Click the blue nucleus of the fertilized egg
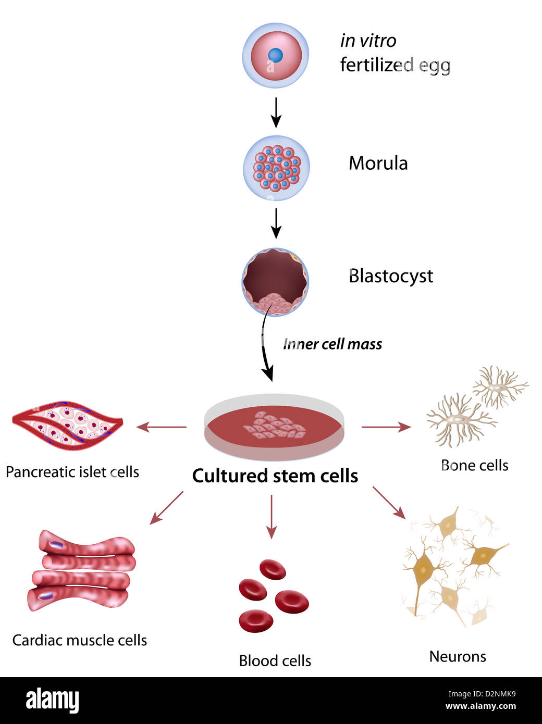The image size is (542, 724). point(275,55)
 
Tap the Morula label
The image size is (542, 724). point(378,163)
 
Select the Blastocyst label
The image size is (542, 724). point(390,276)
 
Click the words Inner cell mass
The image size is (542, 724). point(332,344)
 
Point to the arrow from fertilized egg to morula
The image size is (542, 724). point(276,112)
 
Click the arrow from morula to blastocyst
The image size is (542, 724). point(276,223)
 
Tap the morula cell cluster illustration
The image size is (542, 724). point(276,168)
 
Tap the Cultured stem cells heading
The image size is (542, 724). point(275,476)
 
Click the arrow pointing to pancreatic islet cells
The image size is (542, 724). point(161,427)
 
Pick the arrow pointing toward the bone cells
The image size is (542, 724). point(386,427)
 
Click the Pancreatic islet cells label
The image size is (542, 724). point(72,472)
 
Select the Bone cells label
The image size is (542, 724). point(474,465)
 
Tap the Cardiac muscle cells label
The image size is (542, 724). point(80,640)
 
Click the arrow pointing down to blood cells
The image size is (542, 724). point(271,516)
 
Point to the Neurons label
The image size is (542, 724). point(458,656)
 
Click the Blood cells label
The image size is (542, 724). point(275,661)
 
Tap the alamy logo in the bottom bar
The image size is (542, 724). point(52,700)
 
